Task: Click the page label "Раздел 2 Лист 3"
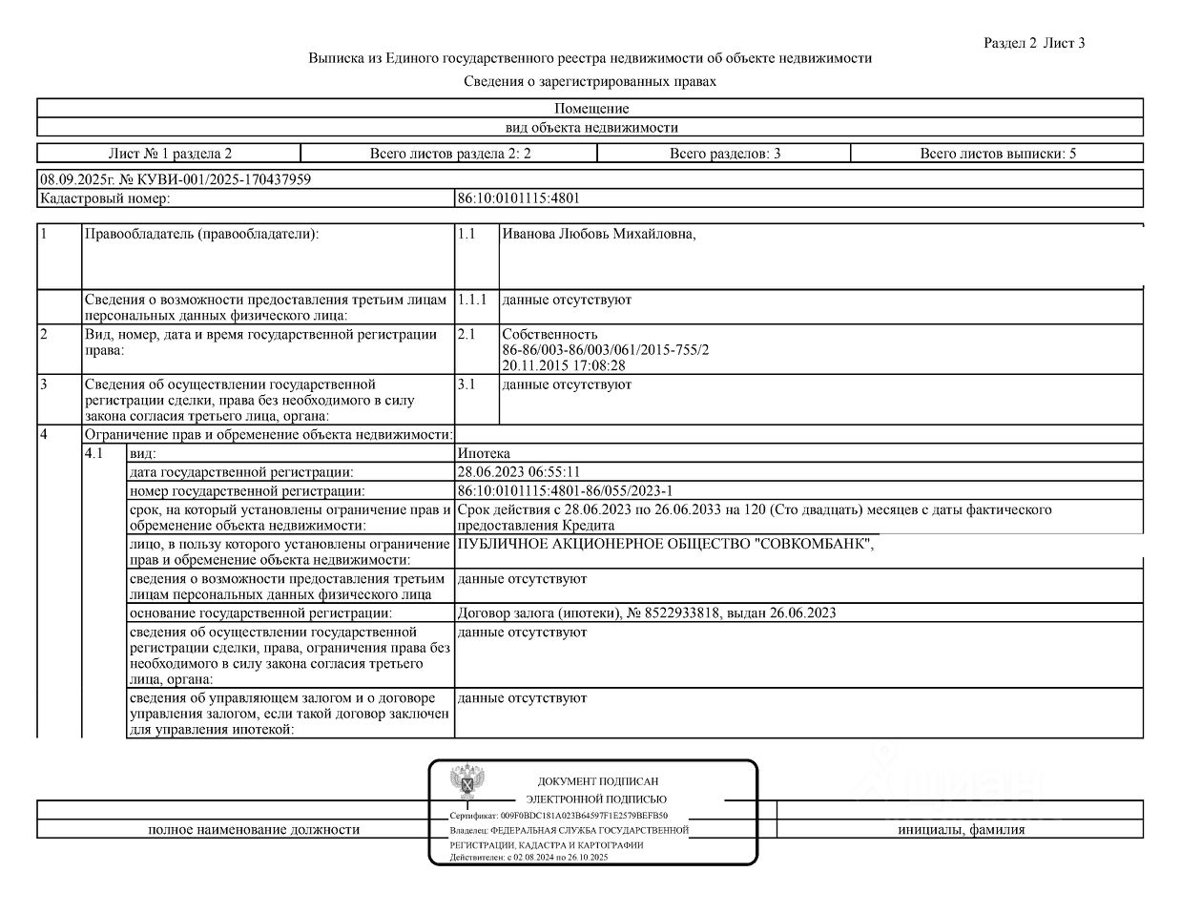[1034, 43]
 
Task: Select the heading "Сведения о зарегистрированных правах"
[590, 82]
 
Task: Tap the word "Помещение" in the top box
[590, 109]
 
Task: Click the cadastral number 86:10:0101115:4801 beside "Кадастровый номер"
[519, 198]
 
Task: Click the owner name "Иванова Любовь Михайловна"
[598, 235]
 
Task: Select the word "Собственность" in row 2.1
[549, 335]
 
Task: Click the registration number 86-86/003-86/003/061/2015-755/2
[605, 350]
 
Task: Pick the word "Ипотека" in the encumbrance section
[484, 454]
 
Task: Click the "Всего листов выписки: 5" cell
[997, 154]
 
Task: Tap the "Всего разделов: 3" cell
[724, 154]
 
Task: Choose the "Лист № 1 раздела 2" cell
[170, 154]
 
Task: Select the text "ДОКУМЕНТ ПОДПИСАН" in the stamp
[597, 781]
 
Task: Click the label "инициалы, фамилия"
[961, 830]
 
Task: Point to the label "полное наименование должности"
[254, 830]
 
